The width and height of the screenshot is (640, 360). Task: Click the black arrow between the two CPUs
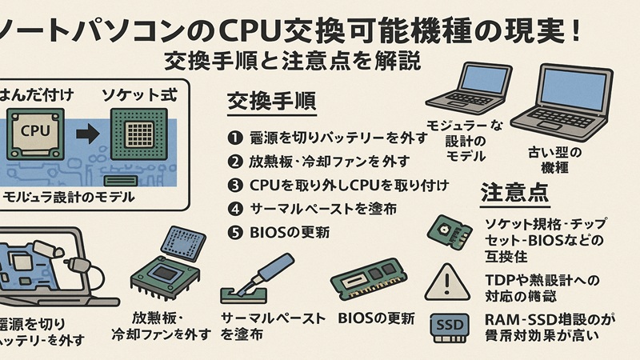82,128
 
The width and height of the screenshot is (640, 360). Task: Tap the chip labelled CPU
34,130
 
